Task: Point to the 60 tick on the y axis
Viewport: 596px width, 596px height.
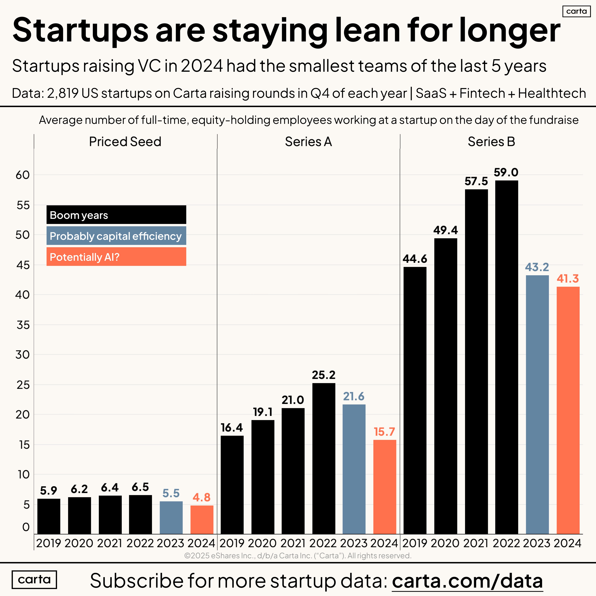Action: tap(23, 175)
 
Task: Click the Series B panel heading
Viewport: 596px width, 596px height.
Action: tap(491, 142)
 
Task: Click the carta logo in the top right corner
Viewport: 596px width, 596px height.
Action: tap(576, 11)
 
